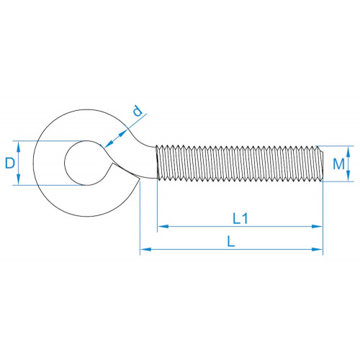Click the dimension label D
[x=10, y=163]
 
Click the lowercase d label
[x=138, y=111]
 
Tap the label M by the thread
[x=338, y=164]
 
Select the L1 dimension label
[x=240, y=219]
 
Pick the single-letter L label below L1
[x=231, y=241]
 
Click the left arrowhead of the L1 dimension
[x=163, y=226]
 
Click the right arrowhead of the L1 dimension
[x=317, y=226]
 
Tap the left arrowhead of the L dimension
[x=145, y=249]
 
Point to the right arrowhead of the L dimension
[x=317, y=249]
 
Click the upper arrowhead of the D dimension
[x=19, y=146]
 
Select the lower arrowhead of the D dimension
[x=19, y=180]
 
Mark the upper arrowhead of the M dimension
[x=348, y=152]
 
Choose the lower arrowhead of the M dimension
[x=348, y=176]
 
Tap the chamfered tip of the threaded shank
[x=322, y=163]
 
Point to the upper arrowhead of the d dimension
[x=122, y=133]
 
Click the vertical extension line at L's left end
[x=140, y=217]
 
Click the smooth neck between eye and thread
[x=146, y=161]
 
